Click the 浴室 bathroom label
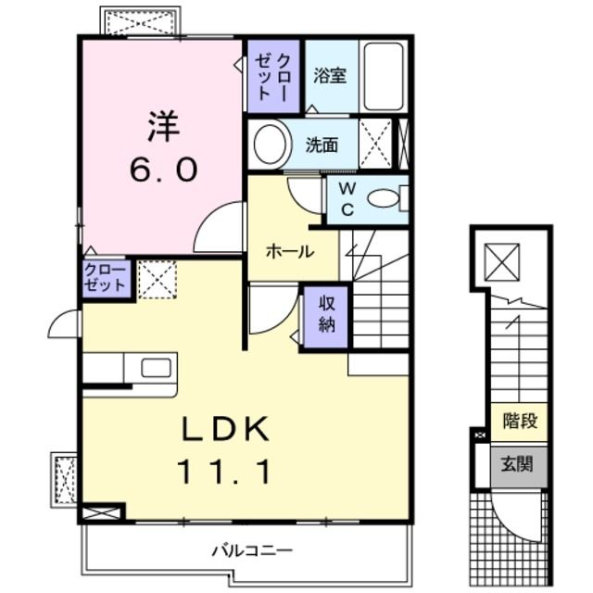(329, 76)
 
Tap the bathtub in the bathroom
(382, 75)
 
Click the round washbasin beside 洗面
(270, 145)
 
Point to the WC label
(345, 199)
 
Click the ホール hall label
(289, 251)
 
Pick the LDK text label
(223, 429)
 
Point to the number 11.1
(224, 474)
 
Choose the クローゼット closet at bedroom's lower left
(107, 278)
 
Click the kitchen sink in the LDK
(156, 367)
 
